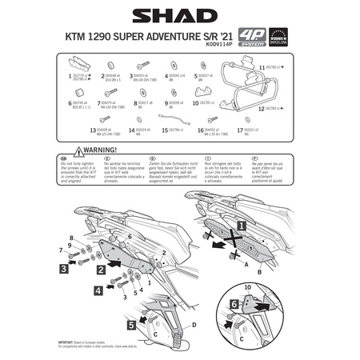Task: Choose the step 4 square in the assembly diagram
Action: (98, 290)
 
